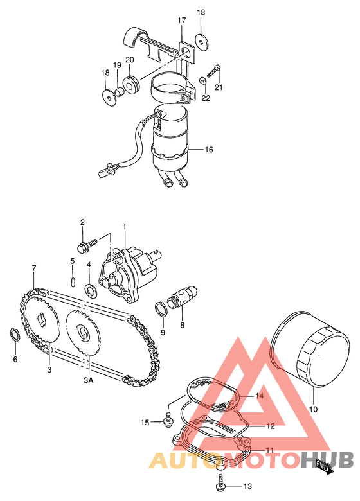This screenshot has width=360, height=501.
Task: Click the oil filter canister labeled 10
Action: (x=310, y=346)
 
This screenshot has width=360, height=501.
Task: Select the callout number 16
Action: (x=208, y=150)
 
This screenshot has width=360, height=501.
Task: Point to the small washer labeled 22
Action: (x=203, y=80)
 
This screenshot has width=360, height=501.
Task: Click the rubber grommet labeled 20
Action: (x=130, y=84)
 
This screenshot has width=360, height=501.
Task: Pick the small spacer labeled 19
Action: (x=120, y=92)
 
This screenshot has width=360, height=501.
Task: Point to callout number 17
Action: (x=181, y=21)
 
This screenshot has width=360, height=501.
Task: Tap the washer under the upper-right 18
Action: (x=201, y=41)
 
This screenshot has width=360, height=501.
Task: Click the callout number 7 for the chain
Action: (x=34, y=267)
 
